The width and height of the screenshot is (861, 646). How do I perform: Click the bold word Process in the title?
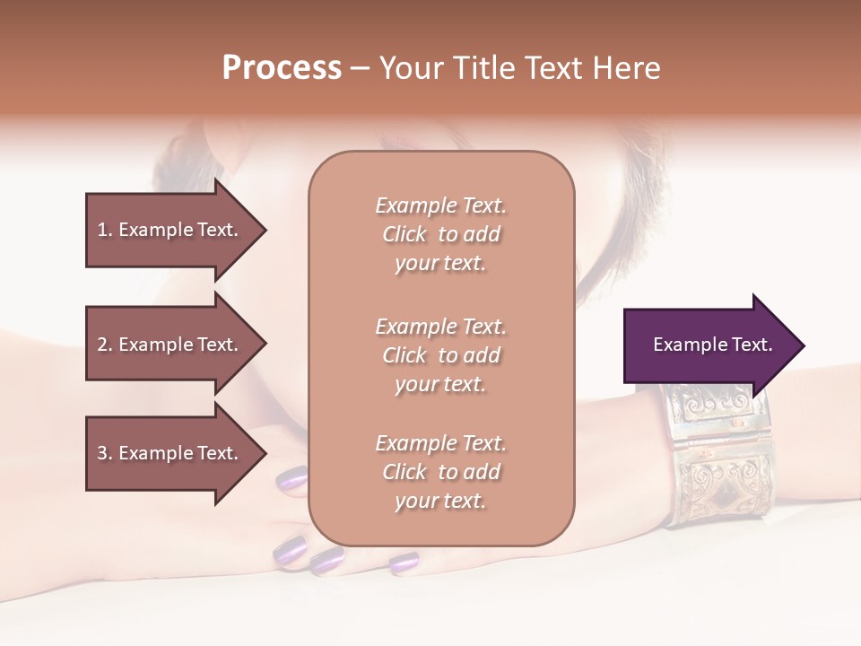pos(282,68)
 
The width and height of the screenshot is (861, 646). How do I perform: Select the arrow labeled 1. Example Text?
pos(170,230)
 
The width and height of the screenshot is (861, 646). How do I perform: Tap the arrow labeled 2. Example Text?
pos(170,345)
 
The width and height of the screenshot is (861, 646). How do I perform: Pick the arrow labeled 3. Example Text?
pos(170,453)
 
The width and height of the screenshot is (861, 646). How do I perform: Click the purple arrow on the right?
pos(709,345)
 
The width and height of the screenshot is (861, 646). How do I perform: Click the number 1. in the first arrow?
pos(105,230)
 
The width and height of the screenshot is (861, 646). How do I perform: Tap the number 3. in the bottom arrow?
pos(105,453)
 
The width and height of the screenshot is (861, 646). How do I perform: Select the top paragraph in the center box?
pos(440,234)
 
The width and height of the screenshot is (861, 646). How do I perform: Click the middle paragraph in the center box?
pos(440,355)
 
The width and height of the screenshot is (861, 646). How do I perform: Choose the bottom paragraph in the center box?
pos(440,472)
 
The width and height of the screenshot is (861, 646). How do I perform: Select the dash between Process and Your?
pos(360,68)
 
